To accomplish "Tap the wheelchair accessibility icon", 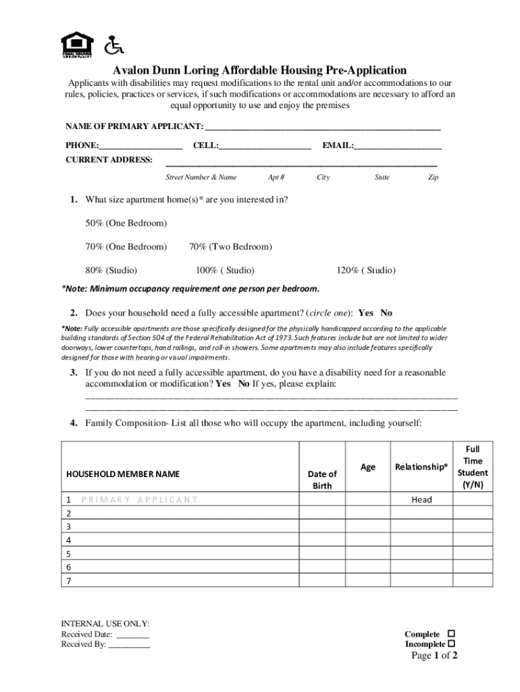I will point(114,45).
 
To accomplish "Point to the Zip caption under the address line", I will point(433,177).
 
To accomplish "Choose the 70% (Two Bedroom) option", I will point(230,247).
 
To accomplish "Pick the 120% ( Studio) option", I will point(366,270).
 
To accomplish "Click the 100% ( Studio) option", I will point(225,270).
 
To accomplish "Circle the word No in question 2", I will point(386,313).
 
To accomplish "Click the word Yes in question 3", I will point(223,384).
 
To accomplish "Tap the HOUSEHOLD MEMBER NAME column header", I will point(123,474).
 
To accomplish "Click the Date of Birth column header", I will point(321,480).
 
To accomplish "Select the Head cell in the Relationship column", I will point(421,499).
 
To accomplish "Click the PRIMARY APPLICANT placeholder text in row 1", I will point(138,499).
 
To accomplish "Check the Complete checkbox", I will point(451,634).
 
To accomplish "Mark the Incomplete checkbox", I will point(451,644).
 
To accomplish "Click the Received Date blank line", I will point(133,635).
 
